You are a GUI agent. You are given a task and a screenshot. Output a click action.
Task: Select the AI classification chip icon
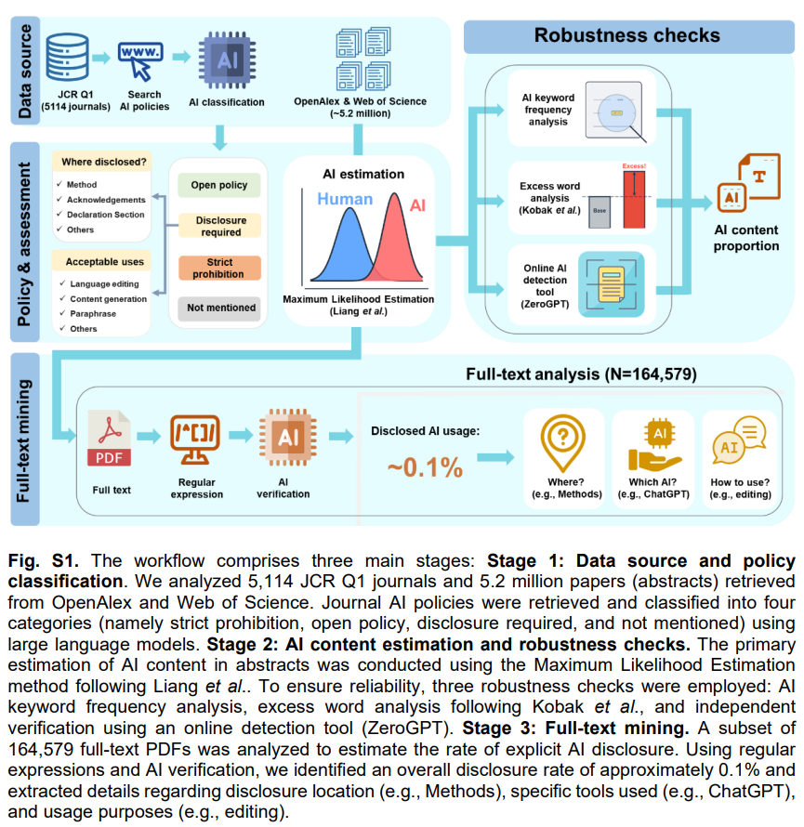pos(226,58)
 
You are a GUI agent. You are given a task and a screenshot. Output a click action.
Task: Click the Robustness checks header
pos(626,35)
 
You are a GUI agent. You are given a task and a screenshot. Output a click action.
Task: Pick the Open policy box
pos(219,185)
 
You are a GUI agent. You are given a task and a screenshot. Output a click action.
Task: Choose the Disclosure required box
pos(220,227)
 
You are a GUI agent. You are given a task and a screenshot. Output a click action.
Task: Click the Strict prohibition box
pos(220,269)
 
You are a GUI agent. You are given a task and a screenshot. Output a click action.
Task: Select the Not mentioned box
pos(220,308)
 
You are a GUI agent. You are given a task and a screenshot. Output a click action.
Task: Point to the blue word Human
pos(344,199)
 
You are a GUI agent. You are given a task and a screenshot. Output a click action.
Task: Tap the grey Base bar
pos(600,211)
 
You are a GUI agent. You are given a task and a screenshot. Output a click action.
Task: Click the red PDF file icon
pos(108,440)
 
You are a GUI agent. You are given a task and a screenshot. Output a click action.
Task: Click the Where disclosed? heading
pos(103,163)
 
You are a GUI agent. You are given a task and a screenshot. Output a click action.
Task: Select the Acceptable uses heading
pos(104,262)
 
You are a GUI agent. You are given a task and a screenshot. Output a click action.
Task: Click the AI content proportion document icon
pos(749,186)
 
